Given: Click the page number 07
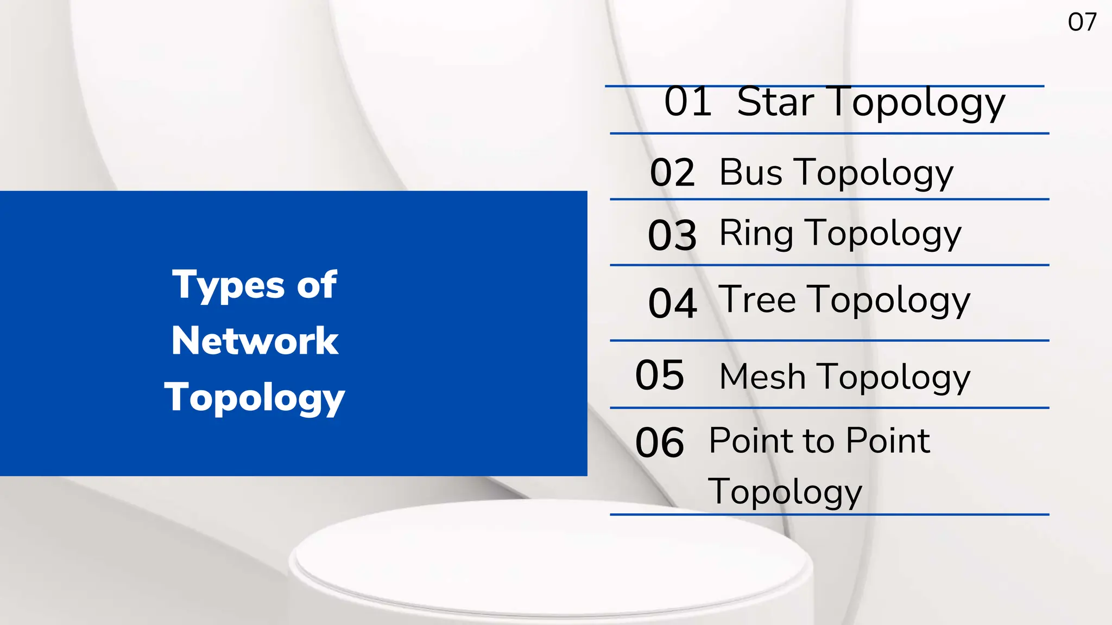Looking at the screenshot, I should [x=1082, y=22].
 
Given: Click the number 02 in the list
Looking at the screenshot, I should [x=672, y=173].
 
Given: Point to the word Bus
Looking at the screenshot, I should [x=750, y=173].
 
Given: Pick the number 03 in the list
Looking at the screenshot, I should [x=672, y=235].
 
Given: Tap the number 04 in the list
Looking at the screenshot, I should [x=672, y=303].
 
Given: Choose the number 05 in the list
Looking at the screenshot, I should [x=659, y=375].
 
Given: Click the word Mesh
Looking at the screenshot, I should [x=762, y=377].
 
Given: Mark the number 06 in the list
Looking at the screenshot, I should [x=659, y=443].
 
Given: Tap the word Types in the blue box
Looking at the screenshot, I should [x=228, y=285].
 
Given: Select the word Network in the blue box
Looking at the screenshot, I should [x=255, y=341].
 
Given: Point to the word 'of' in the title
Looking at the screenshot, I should [x=317, y=284].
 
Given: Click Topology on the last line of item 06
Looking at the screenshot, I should [x=785, y=492].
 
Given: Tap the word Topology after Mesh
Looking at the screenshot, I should [x=894, y=378].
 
